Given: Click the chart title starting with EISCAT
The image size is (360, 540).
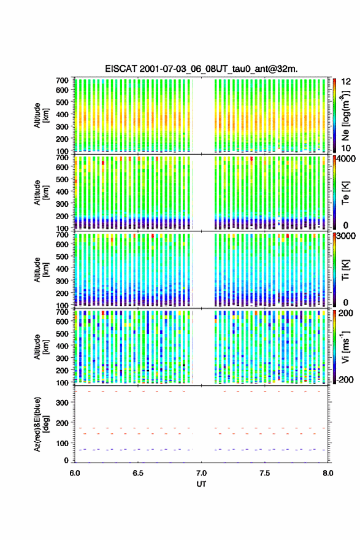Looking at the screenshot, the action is point(201,69).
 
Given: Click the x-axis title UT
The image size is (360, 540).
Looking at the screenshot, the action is point(201,484).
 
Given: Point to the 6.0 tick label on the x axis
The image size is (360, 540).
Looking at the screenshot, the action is point(75,473).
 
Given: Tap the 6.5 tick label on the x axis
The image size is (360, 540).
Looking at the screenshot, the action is point(138,473).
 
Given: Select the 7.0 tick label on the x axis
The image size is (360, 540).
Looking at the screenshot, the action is point(201,473).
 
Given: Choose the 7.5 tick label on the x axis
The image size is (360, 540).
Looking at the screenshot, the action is point(265,473).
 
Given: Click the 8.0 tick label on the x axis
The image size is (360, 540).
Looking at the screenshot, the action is point(328,473).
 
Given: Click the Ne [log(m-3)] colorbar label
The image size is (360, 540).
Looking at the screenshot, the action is point(345,115).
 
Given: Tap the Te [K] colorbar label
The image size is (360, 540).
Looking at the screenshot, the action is point(345,193).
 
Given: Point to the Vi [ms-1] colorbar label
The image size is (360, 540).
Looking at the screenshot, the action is point(345,347).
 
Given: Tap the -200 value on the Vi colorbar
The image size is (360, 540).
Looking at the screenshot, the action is point(345,379).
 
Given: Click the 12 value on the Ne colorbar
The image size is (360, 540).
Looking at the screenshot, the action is point(346,82).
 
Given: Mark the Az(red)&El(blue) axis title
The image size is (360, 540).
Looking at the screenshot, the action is point(40,424).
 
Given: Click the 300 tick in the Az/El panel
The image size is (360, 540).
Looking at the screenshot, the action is point(62,403).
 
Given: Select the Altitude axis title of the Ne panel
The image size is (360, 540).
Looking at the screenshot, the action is point(40,115).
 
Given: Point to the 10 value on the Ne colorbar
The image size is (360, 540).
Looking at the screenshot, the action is point(346,148).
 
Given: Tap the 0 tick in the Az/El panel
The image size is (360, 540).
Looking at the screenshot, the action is point(66,460).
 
